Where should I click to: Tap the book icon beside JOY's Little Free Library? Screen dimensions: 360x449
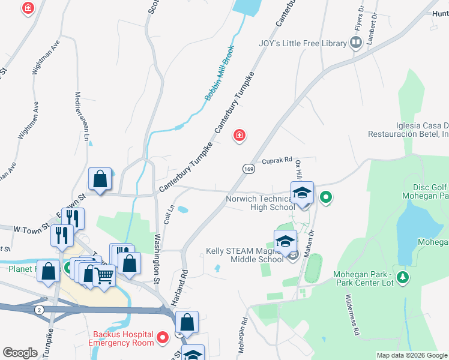click(x=355, y=42)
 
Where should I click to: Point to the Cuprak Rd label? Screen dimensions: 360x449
click(x=277, y=160)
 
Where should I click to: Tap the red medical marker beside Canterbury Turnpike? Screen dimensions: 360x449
click(x=240, y=137)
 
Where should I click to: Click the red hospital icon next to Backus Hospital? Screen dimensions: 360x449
click(x=162, y=340)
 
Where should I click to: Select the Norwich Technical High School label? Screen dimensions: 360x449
click(x=260, y=203)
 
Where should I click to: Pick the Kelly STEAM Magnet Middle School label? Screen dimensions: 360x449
click(x=244, y=255)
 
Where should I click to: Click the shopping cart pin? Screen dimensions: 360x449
click(x=104, y=276)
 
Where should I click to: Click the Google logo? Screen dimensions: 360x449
click(x=20, y=353)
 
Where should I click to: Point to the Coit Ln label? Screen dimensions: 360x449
click(x=170, y=214)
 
